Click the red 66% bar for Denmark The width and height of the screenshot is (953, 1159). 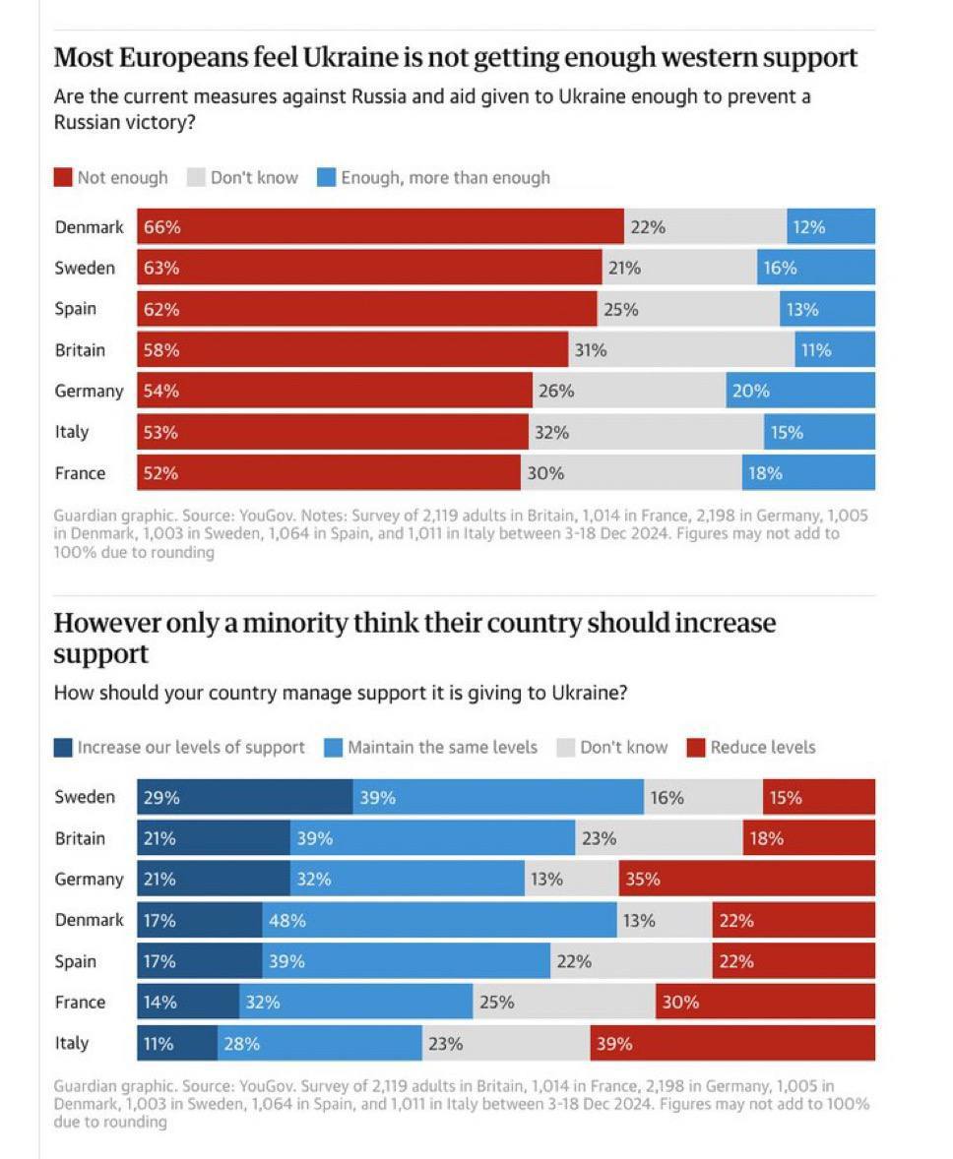[x=380, y=226]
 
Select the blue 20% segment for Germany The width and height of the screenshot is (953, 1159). [x=800, y=391]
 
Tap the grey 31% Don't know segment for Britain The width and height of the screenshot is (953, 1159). [x=681, y=349]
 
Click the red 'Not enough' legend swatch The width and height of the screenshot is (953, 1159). [x=63, y=178]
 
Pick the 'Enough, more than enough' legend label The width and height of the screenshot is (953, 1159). [x=445, y=178]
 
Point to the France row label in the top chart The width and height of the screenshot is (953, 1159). [x=80, y=473]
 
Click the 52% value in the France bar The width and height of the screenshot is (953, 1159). [x=160, y=473]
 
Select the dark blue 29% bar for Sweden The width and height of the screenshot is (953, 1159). [x=244, y=797]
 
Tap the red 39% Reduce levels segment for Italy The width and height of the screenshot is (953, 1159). [x=732, y=1043]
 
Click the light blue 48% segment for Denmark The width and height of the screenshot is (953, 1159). [x=439, y=921]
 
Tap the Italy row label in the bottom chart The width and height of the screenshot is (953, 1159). [x=71, y=1043]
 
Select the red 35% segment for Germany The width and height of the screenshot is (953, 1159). [x=746, y=879]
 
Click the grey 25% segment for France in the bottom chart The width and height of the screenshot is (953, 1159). [x=564, y=1002]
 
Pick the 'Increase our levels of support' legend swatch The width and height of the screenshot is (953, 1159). [x=63, y=748]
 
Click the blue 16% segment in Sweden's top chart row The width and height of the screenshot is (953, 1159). [x=815, y=268]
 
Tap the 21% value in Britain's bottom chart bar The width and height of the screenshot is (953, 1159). [x=159, y=838]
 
